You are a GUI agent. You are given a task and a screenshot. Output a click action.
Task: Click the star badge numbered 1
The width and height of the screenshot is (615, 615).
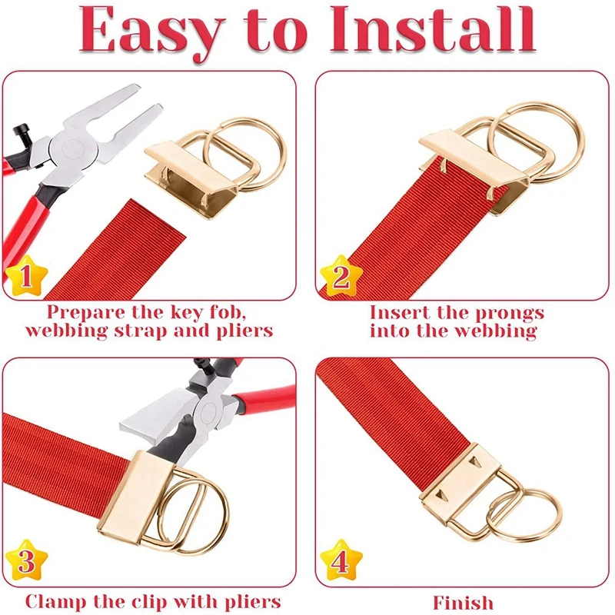pos(25,278)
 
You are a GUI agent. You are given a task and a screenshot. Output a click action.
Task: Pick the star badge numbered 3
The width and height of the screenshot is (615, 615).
pos(25,562)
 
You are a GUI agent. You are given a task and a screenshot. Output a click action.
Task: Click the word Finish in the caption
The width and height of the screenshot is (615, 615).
pos(463,602)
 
